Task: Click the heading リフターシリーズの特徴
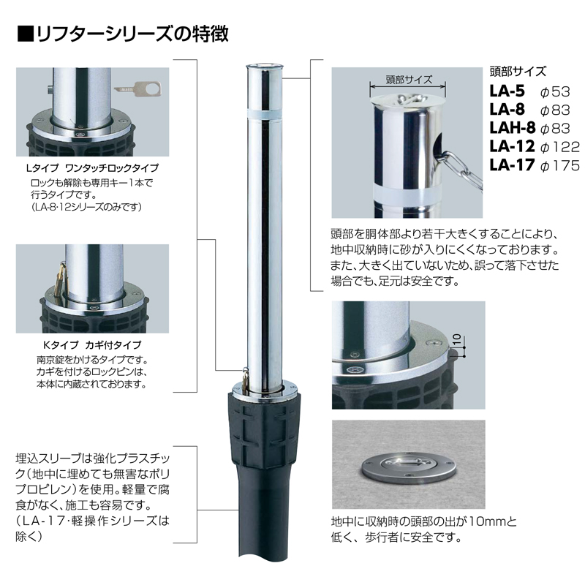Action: point(123,34)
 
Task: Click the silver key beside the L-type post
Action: point(137,88)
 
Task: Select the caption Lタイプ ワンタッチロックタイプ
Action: point(93,168)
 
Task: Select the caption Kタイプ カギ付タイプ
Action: point(93,344)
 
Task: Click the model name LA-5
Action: point(507,91)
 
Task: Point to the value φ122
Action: point(560,147)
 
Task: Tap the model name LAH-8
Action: point(513,128)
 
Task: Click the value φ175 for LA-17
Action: point(560,165)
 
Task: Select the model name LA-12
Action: point(512,147)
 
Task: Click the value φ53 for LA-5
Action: point(555,92)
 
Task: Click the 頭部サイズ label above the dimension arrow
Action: point(409,80)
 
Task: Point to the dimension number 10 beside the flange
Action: point(456,339)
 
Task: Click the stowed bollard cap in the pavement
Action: point(408,468)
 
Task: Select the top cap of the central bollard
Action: point(265,67)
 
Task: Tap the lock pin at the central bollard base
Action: point(245,379)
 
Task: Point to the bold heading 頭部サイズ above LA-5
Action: point(518,71)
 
